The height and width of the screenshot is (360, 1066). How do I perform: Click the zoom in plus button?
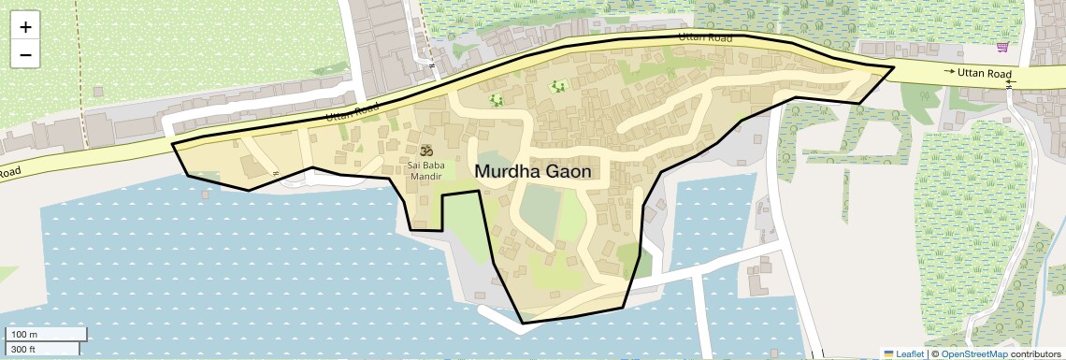(x=25, y=26)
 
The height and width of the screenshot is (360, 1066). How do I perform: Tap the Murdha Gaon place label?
(x=533, y=171)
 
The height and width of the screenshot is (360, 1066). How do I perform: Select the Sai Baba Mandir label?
(x=425, y=170)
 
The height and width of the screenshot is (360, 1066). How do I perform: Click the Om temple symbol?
(x=426, y=151)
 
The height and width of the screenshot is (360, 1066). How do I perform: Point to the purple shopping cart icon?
(x=1002, y=48)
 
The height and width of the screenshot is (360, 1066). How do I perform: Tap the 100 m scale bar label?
(x=24, y=335)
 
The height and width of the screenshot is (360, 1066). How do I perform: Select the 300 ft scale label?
(x=24, y=350)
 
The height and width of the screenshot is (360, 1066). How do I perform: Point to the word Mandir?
(x=425, y=176)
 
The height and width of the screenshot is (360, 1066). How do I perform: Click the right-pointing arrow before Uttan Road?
(x=949, y=72)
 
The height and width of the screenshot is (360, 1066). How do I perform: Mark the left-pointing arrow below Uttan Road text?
(x=1010, y=83)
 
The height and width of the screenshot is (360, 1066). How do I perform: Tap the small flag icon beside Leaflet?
(x=888, y=353)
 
